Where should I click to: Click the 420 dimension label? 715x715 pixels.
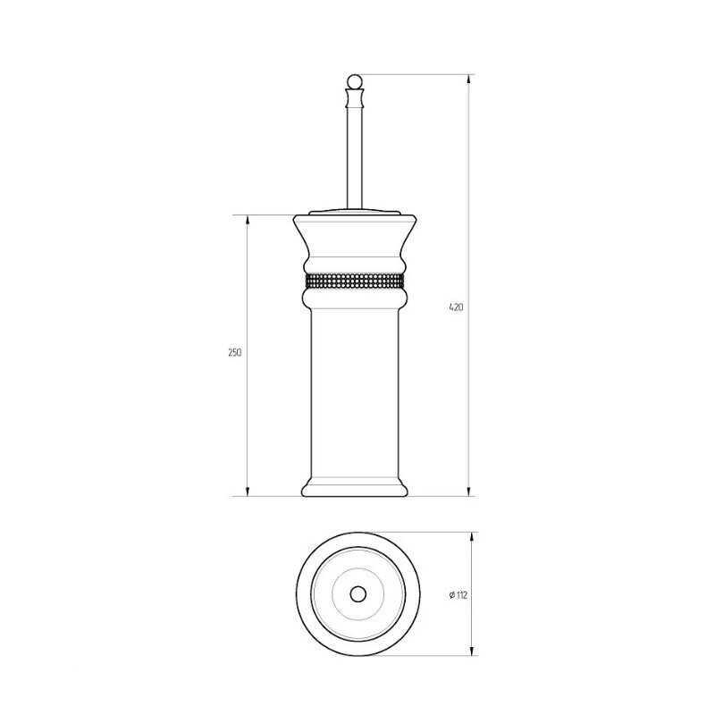click(456, 307)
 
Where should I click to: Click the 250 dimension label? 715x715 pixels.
click(235, 352)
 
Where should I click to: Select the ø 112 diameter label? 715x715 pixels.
click(458, 595)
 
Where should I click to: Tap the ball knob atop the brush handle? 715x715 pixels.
click(355, 81)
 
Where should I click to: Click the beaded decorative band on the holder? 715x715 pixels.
click(355, 281)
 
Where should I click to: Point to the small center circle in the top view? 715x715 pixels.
click(358, 594)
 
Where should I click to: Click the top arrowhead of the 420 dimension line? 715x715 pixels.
click(469, 80)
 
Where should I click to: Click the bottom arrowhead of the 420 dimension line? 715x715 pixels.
click(469, 491)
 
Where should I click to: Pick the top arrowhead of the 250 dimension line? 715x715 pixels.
click(248, 220)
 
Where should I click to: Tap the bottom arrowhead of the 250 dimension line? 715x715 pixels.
click(248, 491)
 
